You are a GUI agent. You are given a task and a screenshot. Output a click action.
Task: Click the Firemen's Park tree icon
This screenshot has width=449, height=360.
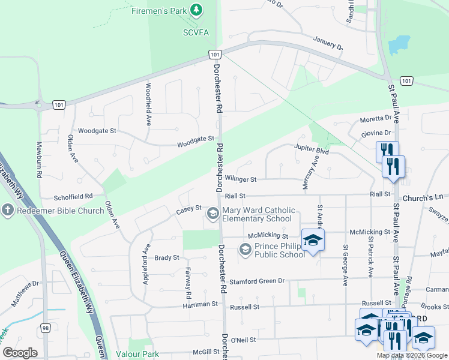coord(196,10)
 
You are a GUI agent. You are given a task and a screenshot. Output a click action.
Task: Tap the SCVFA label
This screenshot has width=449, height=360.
coord(196,32)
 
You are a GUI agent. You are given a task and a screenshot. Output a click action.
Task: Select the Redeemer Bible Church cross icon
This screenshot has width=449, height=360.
coord(7,211)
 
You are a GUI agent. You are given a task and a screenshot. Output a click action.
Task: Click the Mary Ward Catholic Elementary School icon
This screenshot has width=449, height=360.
coord(213,214)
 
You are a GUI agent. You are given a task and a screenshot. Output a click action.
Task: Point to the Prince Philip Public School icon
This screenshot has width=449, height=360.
coord(246,250)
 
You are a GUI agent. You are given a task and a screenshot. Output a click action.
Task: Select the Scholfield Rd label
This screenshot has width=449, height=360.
coord(73,196)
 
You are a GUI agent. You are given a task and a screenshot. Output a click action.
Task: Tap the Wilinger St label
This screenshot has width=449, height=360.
coord(241,179)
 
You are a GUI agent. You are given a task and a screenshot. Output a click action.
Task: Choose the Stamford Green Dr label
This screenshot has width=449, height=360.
coord(256,280)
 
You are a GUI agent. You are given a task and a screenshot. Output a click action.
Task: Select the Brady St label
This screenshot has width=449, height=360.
coord(167,257)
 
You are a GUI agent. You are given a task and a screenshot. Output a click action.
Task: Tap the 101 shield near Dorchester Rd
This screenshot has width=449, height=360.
coord(214,55)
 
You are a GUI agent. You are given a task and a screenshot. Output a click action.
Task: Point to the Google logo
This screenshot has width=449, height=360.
coord(20,353)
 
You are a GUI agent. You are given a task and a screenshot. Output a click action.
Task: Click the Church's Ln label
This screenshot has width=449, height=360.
coord(423,197)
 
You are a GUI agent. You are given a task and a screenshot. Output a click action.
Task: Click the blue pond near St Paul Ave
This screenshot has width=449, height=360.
coord(399,45)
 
